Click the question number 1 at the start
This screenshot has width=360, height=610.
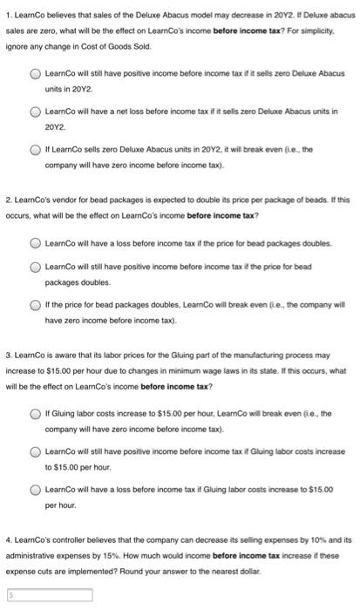click(x=7, y=15)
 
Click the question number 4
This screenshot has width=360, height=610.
click(x=7, y=541)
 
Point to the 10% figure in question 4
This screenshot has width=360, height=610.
click(x=309, y=541)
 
